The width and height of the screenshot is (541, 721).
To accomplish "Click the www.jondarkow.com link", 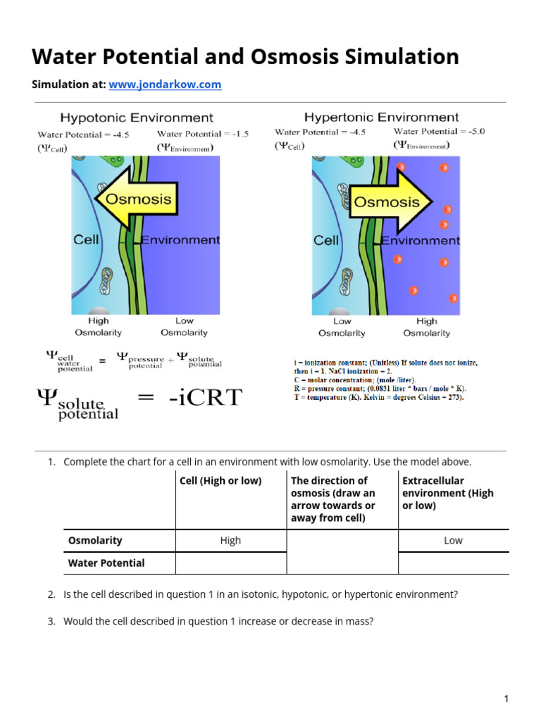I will [164, 84].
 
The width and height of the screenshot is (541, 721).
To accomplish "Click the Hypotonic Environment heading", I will [137, 118].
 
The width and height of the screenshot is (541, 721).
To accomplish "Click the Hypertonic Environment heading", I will [381, 117].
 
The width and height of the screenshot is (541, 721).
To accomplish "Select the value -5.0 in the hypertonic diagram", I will [471, 131].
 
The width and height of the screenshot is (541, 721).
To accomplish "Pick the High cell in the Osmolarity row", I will [230, 541].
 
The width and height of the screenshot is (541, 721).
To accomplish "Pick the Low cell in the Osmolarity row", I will [453, 541].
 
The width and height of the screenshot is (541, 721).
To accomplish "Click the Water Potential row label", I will [106, 563].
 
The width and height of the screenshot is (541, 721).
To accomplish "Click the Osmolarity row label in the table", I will [95, 541].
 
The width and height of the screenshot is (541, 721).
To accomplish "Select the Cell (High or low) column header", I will [220, 481].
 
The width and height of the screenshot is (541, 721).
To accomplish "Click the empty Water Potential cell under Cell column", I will [230, 563].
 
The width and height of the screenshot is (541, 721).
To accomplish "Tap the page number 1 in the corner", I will [506, 698].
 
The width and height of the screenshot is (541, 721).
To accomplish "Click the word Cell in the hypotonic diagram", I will [87, 240].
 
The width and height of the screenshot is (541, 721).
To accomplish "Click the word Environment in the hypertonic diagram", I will [421, 241].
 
